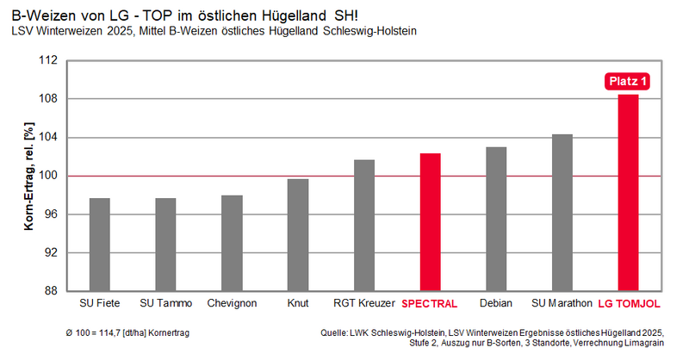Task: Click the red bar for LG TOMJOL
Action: coord(628,193)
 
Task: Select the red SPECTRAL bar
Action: coord(430,222)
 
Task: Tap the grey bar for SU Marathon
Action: coord(562,213)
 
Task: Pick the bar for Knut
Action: coord(298,235)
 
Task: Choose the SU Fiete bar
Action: coord(100,245)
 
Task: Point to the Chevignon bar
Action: coord(232,243)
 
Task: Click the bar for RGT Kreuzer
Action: coord(364,226)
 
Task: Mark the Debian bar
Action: coord(496,219)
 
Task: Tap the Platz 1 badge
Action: coord(628,81)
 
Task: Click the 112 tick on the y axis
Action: coord(48,59)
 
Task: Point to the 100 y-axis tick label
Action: coord(48,176)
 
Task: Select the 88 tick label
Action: coord(51,291)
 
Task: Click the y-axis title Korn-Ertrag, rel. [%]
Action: coord(28,176)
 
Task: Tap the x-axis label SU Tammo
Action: coord(166,303)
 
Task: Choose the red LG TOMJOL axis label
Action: coord(629,304)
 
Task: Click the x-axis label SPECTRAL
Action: coord(429,304)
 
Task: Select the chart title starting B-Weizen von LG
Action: coord(184,16)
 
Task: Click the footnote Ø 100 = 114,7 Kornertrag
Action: coord(127,332)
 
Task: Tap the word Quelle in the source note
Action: coord(333,332)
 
